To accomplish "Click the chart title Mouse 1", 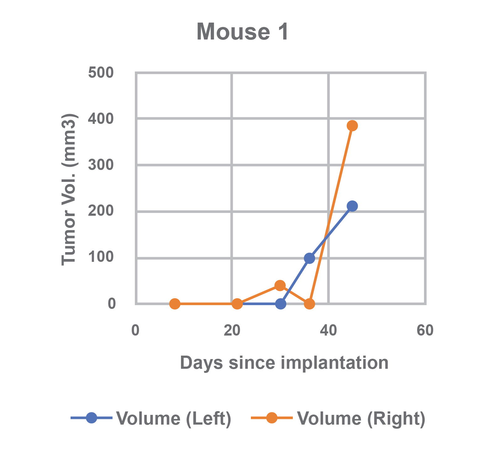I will (242, 32).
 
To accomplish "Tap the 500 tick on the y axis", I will (101, 73).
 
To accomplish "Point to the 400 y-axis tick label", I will (101, 119).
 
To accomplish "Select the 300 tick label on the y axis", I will (101, 165).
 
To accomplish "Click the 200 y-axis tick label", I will (101, 211).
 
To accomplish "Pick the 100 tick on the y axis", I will (101, 257).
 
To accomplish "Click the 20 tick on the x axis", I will (232, 331).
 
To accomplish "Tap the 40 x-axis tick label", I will (328, 331).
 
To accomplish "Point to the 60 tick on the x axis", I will (425, 331).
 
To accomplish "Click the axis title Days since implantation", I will (284, 363).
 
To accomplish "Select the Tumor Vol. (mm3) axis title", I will (69, 190).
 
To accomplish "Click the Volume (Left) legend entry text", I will (174, 418).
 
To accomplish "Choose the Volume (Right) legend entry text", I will (361, 418).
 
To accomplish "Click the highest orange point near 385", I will (352, 126).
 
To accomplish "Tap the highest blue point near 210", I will (352, 206).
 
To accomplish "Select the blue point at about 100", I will (309, 258).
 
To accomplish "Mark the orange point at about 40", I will (280, 285).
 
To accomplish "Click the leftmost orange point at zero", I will (175, 304).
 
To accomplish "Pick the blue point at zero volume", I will (281, 304).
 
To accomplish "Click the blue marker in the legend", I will (91, 418).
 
